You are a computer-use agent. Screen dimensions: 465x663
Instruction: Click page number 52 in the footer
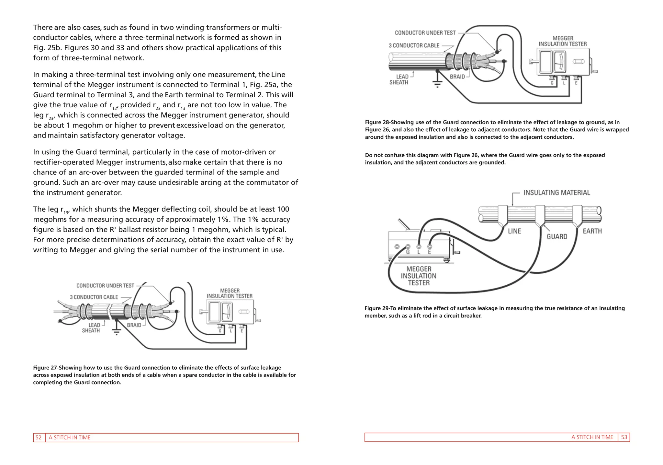tap(39, 437)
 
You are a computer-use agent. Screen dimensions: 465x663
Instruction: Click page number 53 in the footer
tap(624, 437)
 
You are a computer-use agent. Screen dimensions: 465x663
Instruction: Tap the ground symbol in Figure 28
tap(437, 83)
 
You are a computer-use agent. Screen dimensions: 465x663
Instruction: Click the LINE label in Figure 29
tap(514, 231)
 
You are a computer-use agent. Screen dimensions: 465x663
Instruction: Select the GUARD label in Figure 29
tap(557, 237)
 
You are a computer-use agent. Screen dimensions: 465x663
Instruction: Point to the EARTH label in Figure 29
tap(592, 231)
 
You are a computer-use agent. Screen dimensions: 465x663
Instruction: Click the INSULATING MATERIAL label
tap(556, 193)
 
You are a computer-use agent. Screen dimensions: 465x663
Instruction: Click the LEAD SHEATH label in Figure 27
tap(91, 328)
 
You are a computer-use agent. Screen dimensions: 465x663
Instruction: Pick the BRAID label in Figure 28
tap(457, 77)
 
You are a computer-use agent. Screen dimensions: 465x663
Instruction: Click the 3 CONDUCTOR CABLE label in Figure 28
tap(414, 46)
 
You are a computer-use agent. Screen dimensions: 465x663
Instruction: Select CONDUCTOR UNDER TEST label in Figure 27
tap(105, 286)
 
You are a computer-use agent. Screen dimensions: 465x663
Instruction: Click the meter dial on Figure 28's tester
tap(560, 62)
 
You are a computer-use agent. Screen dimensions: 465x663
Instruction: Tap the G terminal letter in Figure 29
tap(408, 252)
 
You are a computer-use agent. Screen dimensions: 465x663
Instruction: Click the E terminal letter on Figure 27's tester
tap(242, 331)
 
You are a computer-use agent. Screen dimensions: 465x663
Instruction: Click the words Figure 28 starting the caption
tap(377, 122)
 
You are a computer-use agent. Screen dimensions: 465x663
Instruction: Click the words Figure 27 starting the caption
tap(45, 368)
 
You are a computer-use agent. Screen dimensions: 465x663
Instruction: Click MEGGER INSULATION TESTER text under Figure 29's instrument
tap(419, 276)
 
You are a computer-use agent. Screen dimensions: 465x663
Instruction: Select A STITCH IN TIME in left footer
tap(70, 437)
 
